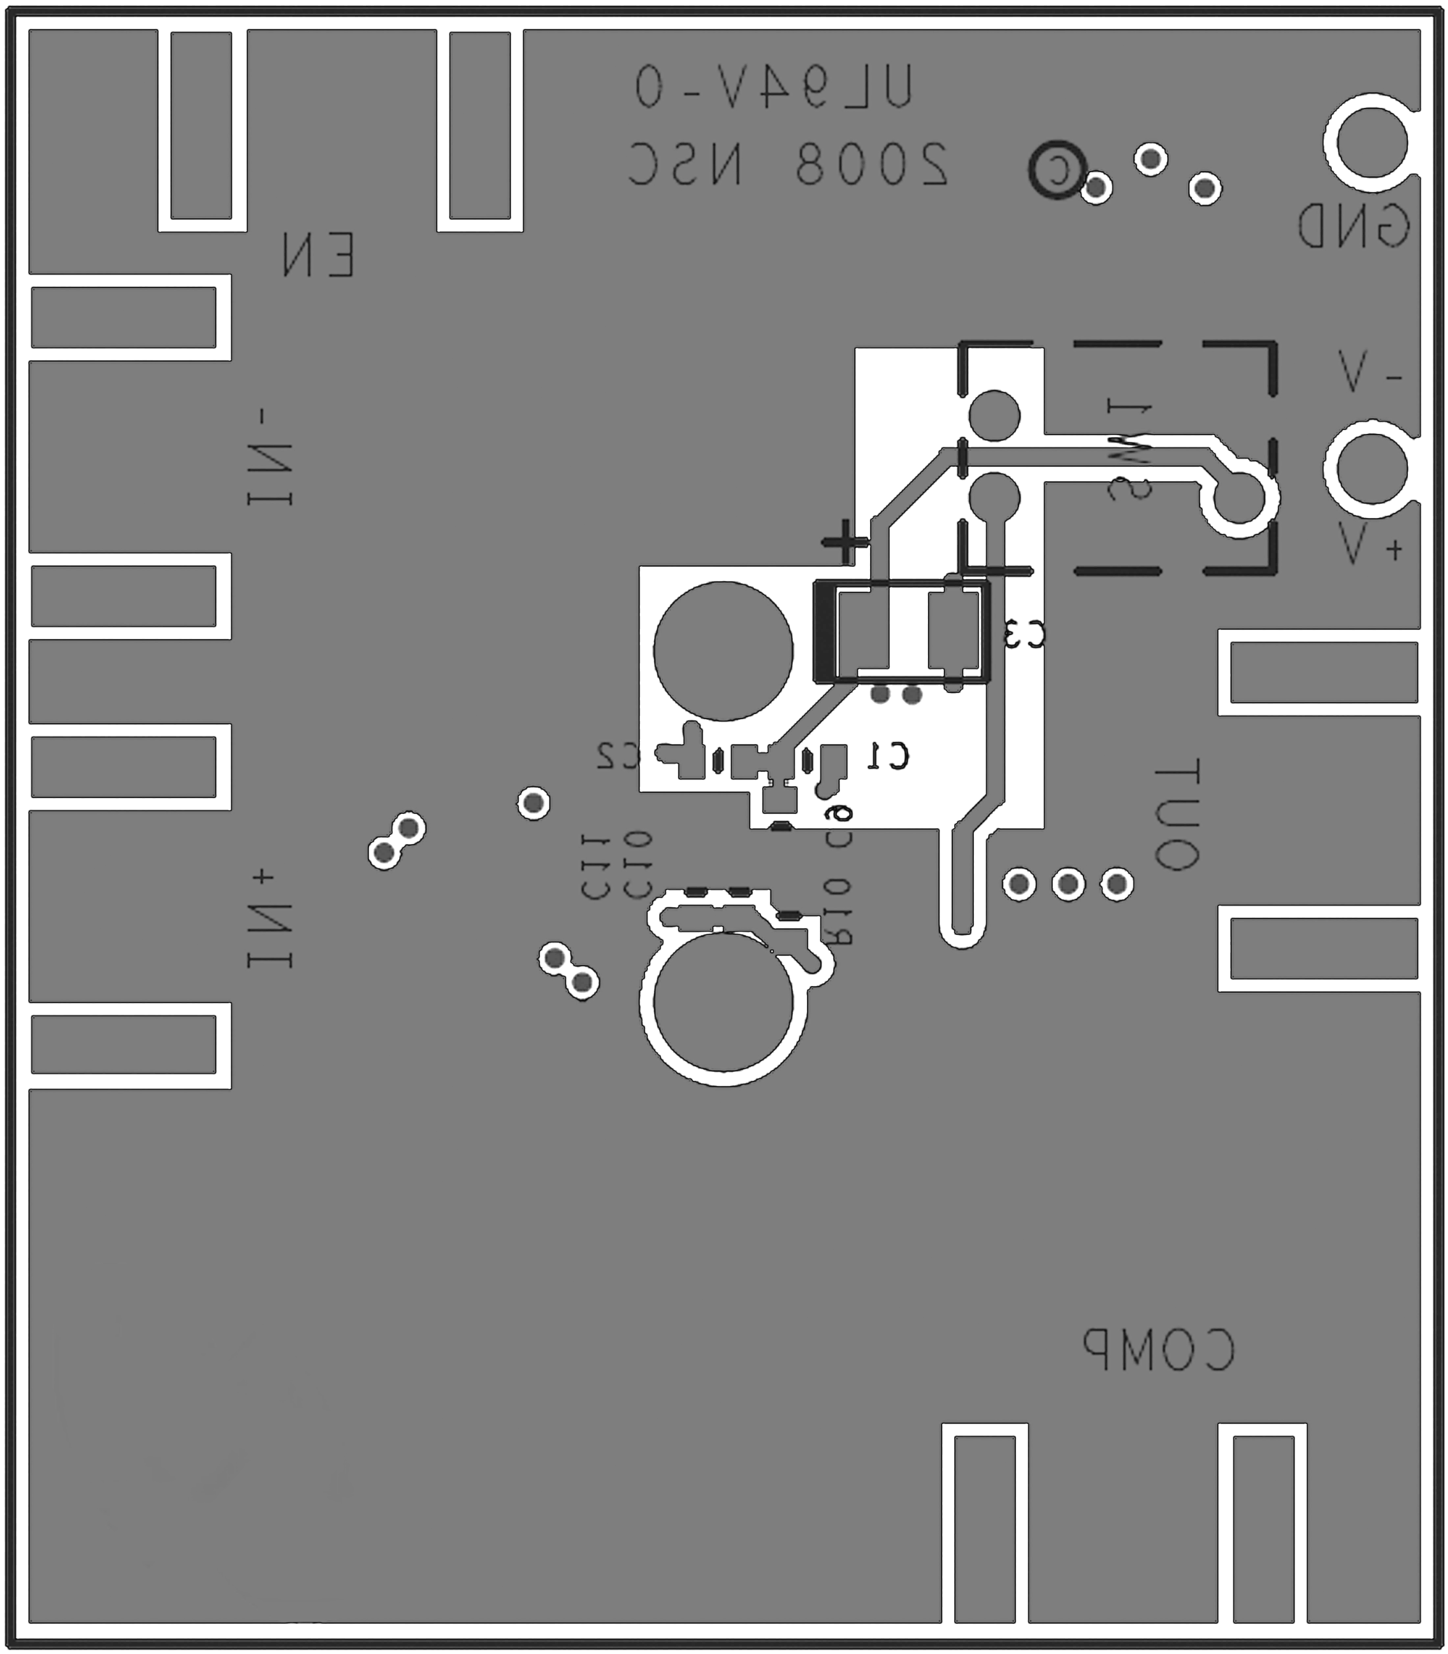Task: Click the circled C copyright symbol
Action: pyautogui.click(x=1055, y=169)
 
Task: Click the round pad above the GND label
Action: pyautogui.click(x=1371, y=143)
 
